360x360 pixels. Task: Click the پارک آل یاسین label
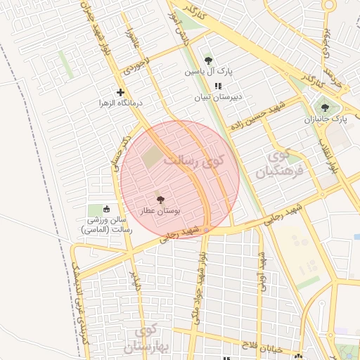click(x=209, y=72)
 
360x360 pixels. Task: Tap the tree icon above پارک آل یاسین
click(x=208, y=60)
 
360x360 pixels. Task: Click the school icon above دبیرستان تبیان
click(x=207, y=86)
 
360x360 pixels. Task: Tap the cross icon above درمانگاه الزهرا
click(x=121, y=92)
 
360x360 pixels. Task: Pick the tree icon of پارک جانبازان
click(x=324, y=108)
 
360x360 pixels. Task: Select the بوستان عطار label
click(x=160, y=210)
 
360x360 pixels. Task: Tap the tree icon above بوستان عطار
click(x=160, y=200)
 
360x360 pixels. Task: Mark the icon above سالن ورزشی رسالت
click(x=107, y=209)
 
